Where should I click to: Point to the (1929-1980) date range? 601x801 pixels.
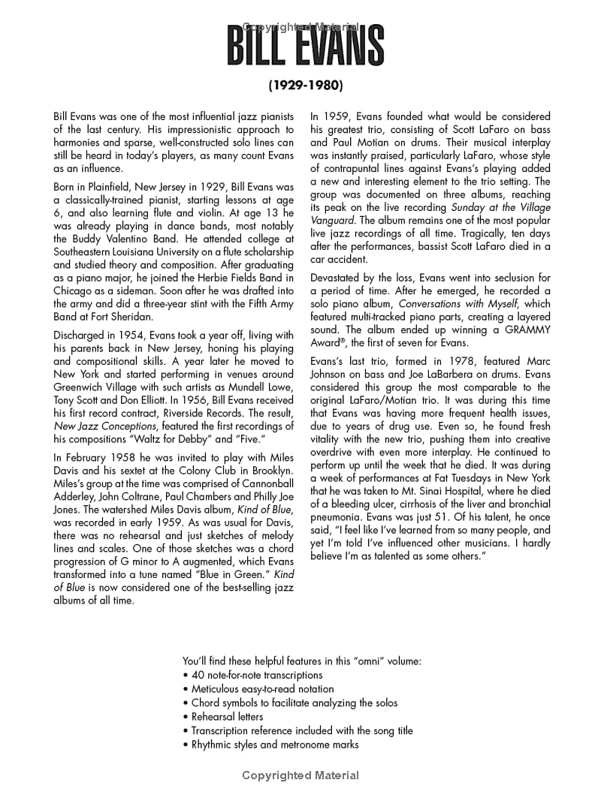[305, 86]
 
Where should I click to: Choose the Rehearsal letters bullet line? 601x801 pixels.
[227, 716]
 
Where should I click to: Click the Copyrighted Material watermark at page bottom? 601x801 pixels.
[300, 775]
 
